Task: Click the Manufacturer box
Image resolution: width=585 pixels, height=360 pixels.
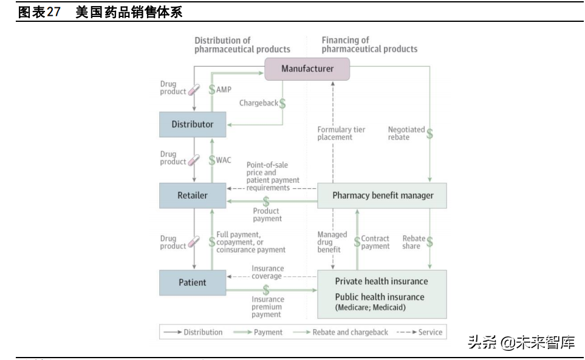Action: [307, 69]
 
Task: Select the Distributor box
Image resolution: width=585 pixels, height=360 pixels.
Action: [193, 124]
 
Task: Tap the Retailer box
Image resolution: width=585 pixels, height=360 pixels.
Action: [193, 195]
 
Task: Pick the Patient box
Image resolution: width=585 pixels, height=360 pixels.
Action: [193, 282]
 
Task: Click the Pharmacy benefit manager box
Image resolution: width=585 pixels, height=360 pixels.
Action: [383, 195]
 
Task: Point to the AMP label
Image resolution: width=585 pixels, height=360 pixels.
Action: [224, 89]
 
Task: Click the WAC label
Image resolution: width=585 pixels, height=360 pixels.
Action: [224, 160]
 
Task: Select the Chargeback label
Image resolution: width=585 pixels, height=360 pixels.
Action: [258, 103]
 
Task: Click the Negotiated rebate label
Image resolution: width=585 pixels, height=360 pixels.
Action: [406, 133]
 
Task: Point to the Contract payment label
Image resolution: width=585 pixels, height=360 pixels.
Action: [375, 242]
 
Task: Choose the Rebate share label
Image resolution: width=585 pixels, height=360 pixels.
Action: [414, 242]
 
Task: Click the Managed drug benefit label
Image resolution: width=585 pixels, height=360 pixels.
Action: [332, 242]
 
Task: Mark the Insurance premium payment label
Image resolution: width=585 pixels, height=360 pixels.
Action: [267, 307]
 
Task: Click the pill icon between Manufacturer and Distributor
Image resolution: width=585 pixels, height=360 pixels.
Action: [194, 89]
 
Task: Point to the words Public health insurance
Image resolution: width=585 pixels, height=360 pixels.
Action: [380, 297]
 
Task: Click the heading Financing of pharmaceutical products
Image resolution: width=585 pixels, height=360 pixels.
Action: [369, 44]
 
